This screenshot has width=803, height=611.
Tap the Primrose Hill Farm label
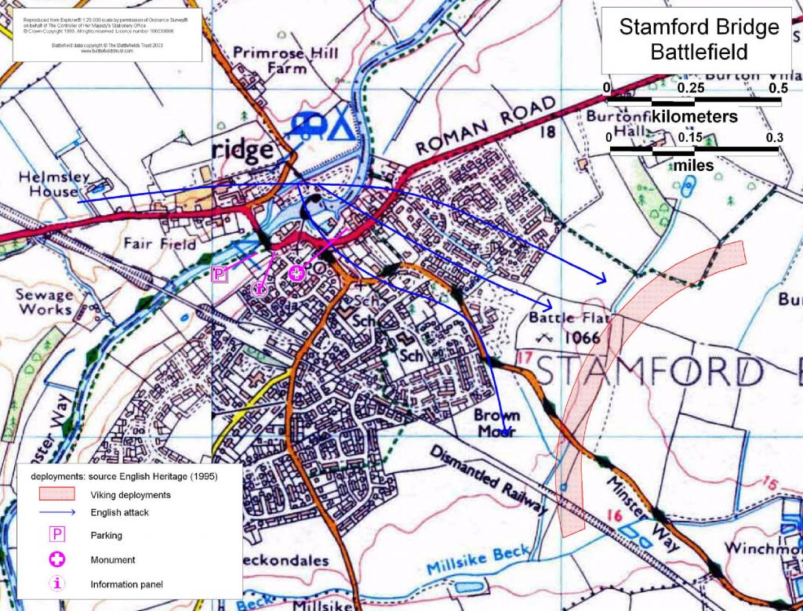[x=286, y=60]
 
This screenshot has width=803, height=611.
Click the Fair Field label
[x=160, y=244]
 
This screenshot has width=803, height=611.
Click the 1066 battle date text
[x=580, y=339]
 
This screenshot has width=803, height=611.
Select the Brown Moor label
[x=500, y=423]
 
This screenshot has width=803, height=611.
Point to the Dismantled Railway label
[x=486, y=480]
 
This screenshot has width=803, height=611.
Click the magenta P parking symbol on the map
[x=220, y=274]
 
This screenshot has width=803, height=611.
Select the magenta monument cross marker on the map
[x=297, y=273]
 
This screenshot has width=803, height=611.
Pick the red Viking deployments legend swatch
[x=57, y=494]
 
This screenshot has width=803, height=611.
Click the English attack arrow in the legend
[x=57, y=512]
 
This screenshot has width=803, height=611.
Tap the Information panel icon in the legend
[x=57, y=584]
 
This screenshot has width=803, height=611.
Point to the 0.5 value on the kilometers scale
[x=777, y=88]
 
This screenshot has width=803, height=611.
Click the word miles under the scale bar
[x=693, y=165]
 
